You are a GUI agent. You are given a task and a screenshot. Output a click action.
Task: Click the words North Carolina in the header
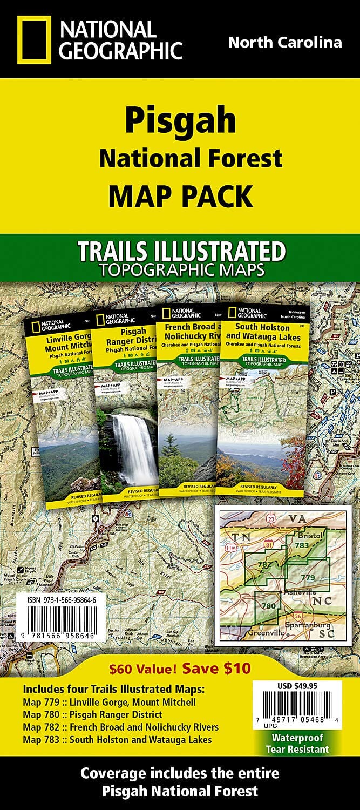point(285,43)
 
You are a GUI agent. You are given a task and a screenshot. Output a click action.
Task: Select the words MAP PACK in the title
point(180,195)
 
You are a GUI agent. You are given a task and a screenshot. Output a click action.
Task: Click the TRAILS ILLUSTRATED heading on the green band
point(180,252)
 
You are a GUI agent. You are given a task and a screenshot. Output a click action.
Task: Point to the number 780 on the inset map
point(267,606)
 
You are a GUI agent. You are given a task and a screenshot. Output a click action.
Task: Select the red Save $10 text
point(216,668)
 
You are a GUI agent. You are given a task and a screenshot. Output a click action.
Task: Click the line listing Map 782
point(121,727)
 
